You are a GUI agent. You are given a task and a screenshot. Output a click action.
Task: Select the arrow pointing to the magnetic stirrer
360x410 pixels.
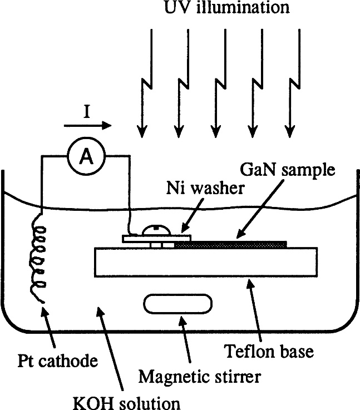click(x=185, y=343)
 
